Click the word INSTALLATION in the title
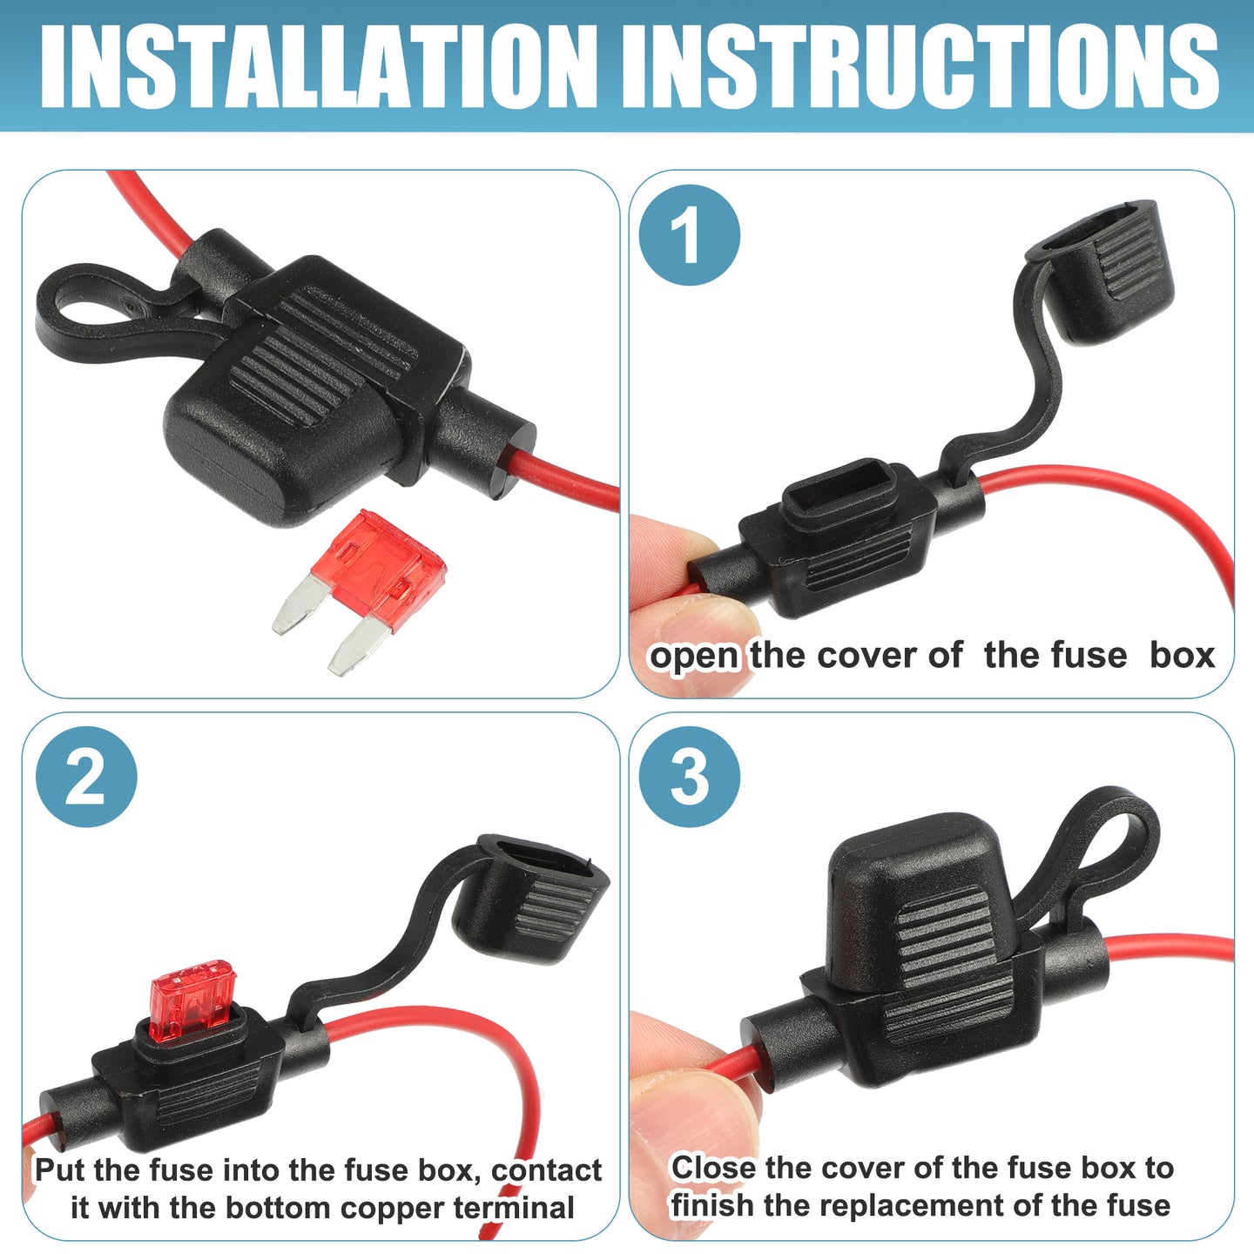(x=318, y=66)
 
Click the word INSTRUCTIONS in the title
(x=920, y=66)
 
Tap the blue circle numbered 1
(x=689, y=234)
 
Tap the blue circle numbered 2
(x=86, y=776)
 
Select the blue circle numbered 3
(x=689, y=776)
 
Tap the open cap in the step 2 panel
(x=531, y=899)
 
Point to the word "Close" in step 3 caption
(x=714, y=1168)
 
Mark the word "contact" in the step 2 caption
(x=546, y=1170)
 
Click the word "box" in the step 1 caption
(x=1183, y=656)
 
